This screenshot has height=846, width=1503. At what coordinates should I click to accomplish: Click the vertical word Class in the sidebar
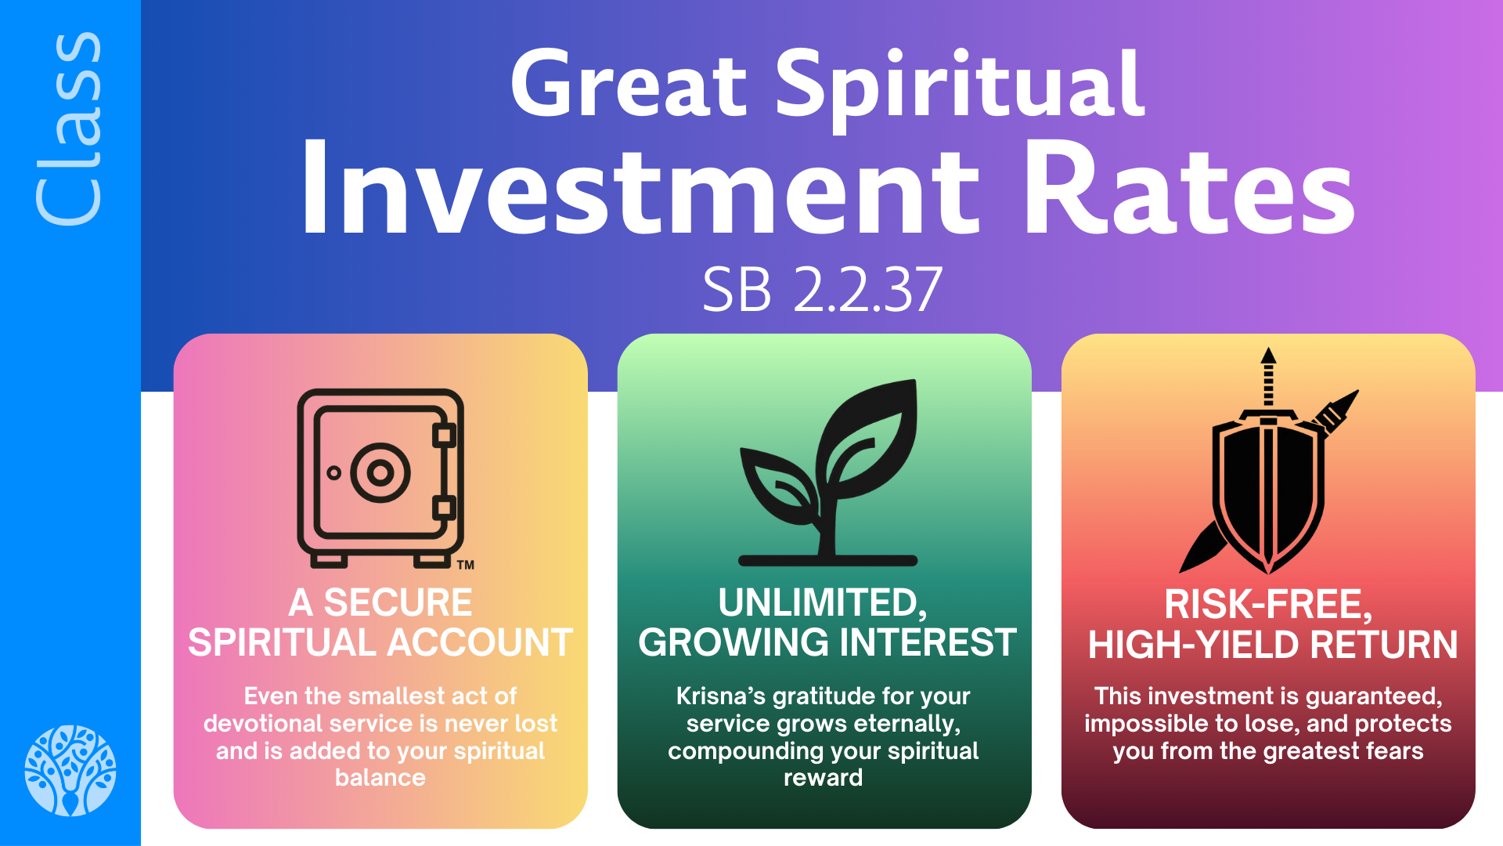tap(69, 129)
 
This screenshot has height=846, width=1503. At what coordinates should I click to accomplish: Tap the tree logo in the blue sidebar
tap(70, 770)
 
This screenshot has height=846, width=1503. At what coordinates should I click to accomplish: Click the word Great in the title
tap(629, 85)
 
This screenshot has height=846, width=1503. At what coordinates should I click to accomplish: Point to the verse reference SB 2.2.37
tap(822, 290)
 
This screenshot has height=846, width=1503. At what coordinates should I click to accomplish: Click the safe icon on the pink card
tap(380, 478)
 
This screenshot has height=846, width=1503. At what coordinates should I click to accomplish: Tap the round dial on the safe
tap(380, 472)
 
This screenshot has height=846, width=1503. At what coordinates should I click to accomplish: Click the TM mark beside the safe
tap(466, 565)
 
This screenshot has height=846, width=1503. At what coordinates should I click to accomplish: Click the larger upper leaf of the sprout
tap(869, 439)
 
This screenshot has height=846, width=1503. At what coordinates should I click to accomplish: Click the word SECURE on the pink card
tap(398, 602)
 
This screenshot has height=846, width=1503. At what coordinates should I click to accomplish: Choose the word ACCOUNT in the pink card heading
tap(480, 642)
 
